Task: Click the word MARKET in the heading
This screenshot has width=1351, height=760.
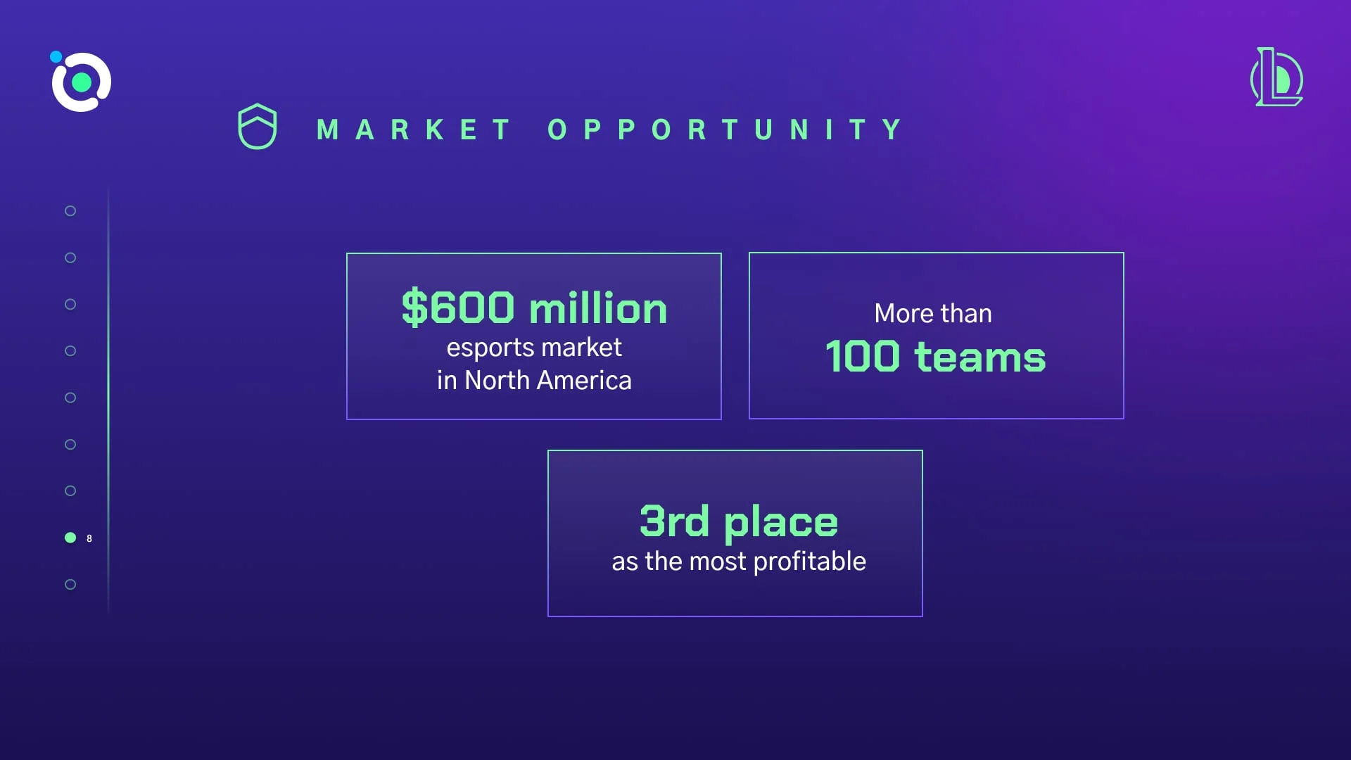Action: (414, 129)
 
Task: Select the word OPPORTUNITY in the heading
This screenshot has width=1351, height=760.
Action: (725, 129)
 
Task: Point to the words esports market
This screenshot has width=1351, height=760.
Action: (534, 348)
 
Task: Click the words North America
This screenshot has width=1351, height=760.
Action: (548, 380)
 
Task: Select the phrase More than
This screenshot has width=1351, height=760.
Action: (933, 313)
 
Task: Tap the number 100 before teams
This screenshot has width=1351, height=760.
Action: (863, 356)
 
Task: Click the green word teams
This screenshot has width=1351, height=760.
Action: (980, 357)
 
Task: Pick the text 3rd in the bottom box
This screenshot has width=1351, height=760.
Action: (674, 521)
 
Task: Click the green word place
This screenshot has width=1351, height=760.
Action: (781, 523)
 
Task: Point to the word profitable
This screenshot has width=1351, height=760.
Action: (810, 562)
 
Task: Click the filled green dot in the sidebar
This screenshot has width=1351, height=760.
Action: (70, 538)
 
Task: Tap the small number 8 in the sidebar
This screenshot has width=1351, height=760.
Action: (89, 538)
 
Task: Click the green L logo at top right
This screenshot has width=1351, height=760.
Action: (1277, 77)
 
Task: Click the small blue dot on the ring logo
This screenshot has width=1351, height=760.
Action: (56, 57)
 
